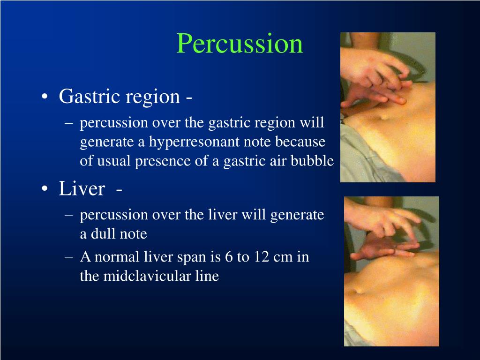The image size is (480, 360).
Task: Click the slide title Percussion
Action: coord(240,44)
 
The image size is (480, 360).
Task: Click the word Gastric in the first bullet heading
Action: coord(89,97)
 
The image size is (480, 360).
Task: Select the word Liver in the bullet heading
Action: coord(82,189)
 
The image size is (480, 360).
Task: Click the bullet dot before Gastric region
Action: coord(45,97)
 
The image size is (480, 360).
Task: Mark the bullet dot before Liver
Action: coord(45,189)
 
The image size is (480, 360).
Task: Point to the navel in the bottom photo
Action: coord(360,291)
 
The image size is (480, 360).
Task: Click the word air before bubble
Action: coord(277,161)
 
